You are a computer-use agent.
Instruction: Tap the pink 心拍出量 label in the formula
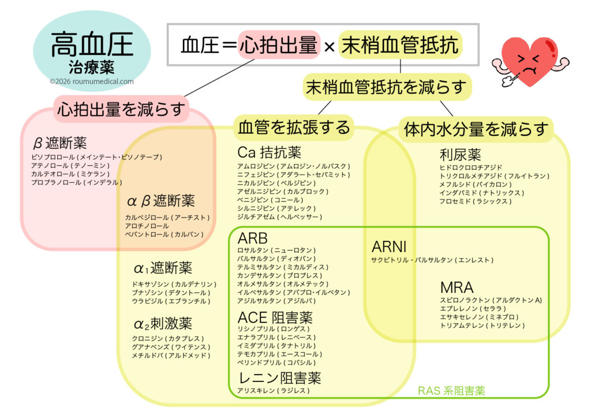coord(278,45)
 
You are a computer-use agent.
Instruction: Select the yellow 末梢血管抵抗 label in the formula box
coord(400,45)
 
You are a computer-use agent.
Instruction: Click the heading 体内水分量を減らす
coord(476,128)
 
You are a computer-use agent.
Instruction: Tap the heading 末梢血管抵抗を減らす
coord(386,87)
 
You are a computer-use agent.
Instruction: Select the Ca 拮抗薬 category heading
coord(269,153)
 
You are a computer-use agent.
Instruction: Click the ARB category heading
coord(253,239)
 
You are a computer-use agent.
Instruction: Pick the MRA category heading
coord(457,287)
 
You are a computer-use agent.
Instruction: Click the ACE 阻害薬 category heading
coord(275,317)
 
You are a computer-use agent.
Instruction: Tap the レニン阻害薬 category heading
coord(279,378)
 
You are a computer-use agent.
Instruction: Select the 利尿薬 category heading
coord(460,155)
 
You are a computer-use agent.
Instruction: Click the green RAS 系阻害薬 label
coord(451,391)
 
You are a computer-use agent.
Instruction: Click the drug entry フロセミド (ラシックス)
coord(474,201)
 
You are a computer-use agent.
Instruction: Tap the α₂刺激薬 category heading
coord(163,324)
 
